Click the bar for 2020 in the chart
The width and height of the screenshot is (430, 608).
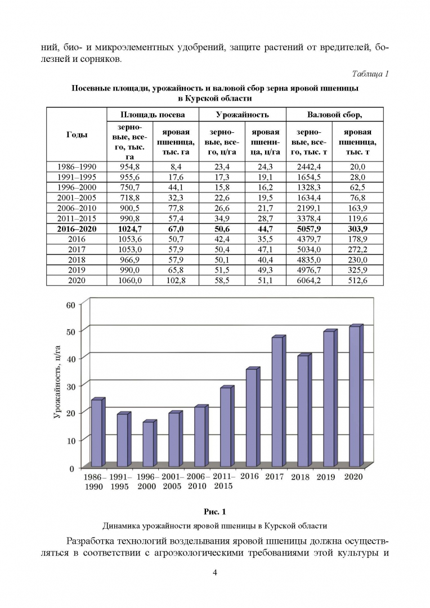[355, 396]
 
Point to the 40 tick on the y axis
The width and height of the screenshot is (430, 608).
[71, 357]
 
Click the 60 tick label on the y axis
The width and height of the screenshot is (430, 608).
[71, 304]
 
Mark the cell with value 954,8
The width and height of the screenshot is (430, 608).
[129, 167]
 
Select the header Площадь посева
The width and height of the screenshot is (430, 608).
[153, 114]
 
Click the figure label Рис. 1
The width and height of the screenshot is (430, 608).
[214, 511]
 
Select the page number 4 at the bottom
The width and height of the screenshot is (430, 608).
[215, 573]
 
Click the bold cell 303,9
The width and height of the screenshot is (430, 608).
[355, 229]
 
